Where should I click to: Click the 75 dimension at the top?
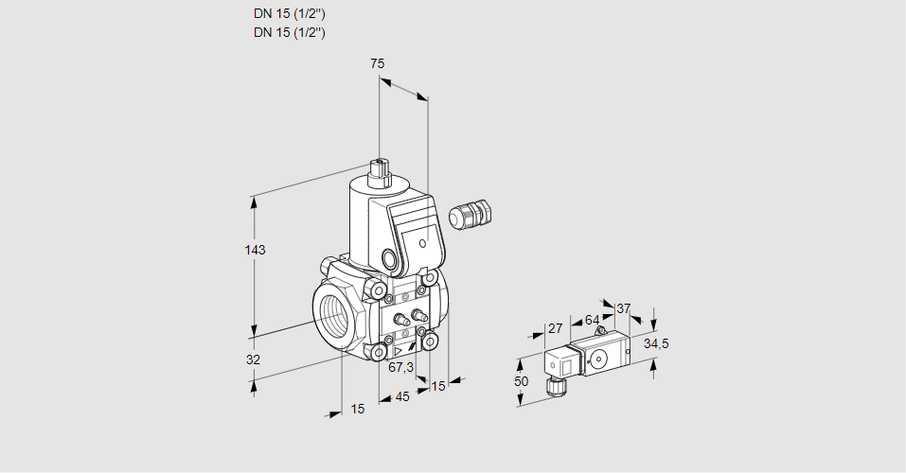click(x=377, y=63)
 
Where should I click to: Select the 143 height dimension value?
click(x=255, y=250)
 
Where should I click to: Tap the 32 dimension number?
click(x=253, y=359)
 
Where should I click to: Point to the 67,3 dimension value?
click(x=401, y=367)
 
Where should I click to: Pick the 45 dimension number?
click(x=402, y=396)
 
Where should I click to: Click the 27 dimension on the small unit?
click(x=555, y=328)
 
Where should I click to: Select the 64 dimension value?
click(x=592, y=320)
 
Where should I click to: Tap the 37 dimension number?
click(x=623, y=308)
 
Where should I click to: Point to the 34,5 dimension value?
click(x=656, y=343)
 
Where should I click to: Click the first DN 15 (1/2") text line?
click(x=290, y=14)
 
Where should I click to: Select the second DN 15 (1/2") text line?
click(x=290, y=32)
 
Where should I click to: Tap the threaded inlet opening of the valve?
click(x=334, y=311)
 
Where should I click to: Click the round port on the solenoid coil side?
click(x=390, y=258)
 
